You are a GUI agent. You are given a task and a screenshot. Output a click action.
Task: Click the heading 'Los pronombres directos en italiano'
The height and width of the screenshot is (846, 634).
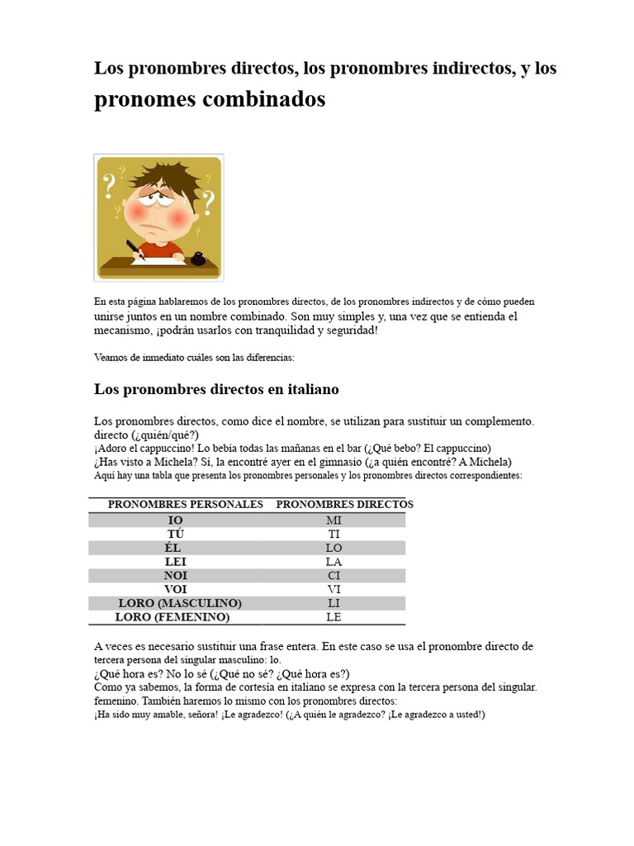[216, 389]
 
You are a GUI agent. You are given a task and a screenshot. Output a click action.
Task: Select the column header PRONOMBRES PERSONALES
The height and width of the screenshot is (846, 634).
[186, 504]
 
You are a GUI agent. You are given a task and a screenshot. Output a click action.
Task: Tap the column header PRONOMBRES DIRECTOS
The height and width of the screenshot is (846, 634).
[344, 504]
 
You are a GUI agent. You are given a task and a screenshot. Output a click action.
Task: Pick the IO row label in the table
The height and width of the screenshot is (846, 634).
[175, 520]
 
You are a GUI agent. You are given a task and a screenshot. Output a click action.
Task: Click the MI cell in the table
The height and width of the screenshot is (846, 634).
[334, 520]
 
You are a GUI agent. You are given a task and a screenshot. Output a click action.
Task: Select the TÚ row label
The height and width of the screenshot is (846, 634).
[175, 535]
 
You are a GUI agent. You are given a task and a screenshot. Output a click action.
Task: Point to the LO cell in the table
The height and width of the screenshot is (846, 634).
[334, 549]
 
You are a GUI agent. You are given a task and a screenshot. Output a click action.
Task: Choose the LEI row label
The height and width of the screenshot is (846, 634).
[175, 562]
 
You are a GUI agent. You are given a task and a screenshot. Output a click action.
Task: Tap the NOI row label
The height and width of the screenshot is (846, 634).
[175, 576]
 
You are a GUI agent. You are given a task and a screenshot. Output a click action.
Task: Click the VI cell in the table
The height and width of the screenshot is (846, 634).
[334, 590]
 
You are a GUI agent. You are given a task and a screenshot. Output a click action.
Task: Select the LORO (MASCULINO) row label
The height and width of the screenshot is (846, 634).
[180, 603]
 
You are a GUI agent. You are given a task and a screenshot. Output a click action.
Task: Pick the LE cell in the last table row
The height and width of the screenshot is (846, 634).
[334, 617]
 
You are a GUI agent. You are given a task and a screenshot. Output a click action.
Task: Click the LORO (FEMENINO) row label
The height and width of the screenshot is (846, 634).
[173, 617]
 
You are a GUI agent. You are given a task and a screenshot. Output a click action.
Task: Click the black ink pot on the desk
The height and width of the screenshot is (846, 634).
[198, 259]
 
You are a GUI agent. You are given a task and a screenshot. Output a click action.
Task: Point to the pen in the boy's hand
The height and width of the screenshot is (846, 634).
[135, 249]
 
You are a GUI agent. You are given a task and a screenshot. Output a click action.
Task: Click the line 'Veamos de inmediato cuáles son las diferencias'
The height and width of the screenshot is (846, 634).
[194, 358]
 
